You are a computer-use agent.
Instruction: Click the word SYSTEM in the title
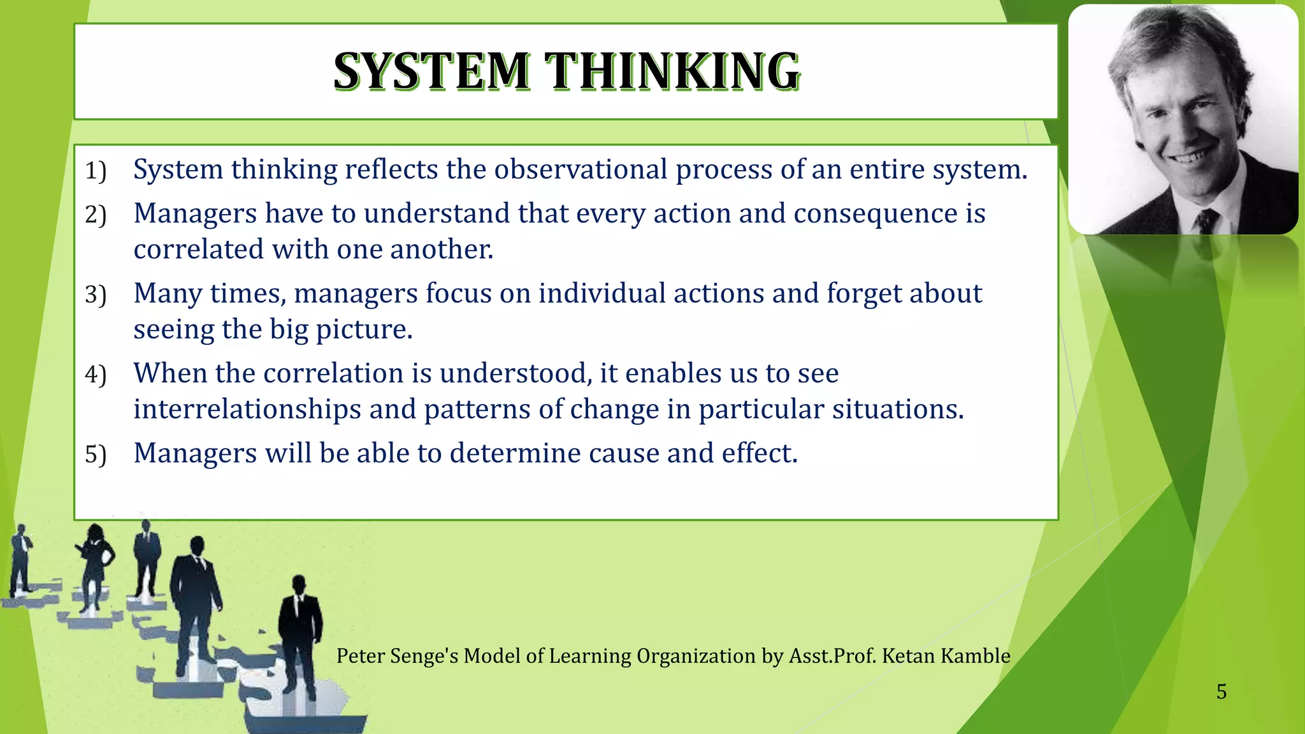point(431,71)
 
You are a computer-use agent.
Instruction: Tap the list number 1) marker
point(96,171)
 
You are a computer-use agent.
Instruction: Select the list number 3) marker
point(96,295)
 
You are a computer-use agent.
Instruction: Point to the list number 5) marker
point(96,455)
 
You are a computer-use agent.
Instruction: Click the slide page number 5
point(1221,692)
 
